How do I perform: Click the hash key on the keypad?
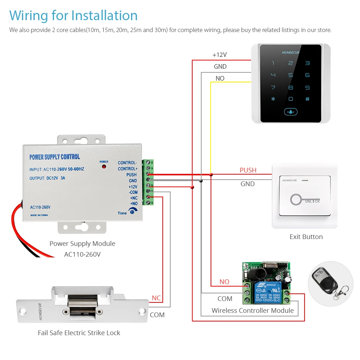point(307,99)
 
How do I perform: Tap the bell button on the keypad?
point(291,112)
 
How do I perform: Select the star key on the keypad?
point(273,99)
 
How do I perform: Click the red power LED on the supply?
point(104,167)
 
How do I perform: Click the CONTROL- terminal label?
point(127,163)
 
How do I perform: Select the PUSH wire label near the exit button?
point(248,170)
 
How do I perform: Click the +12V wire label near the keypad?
point(220,55)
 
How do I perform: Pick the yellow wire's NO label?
point(220,78)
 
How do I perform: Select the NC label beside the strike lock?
point(156,298)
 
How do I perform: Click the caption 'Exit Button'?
point(306,237)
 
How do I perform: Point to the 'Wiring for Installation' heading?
point(73,15)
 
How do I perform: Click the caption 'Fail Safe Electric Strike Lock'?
point(79,333)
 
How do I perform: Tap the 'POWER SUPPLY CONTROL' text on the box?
point(54,157)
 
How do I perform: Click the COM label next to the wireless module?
point(225,299)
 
